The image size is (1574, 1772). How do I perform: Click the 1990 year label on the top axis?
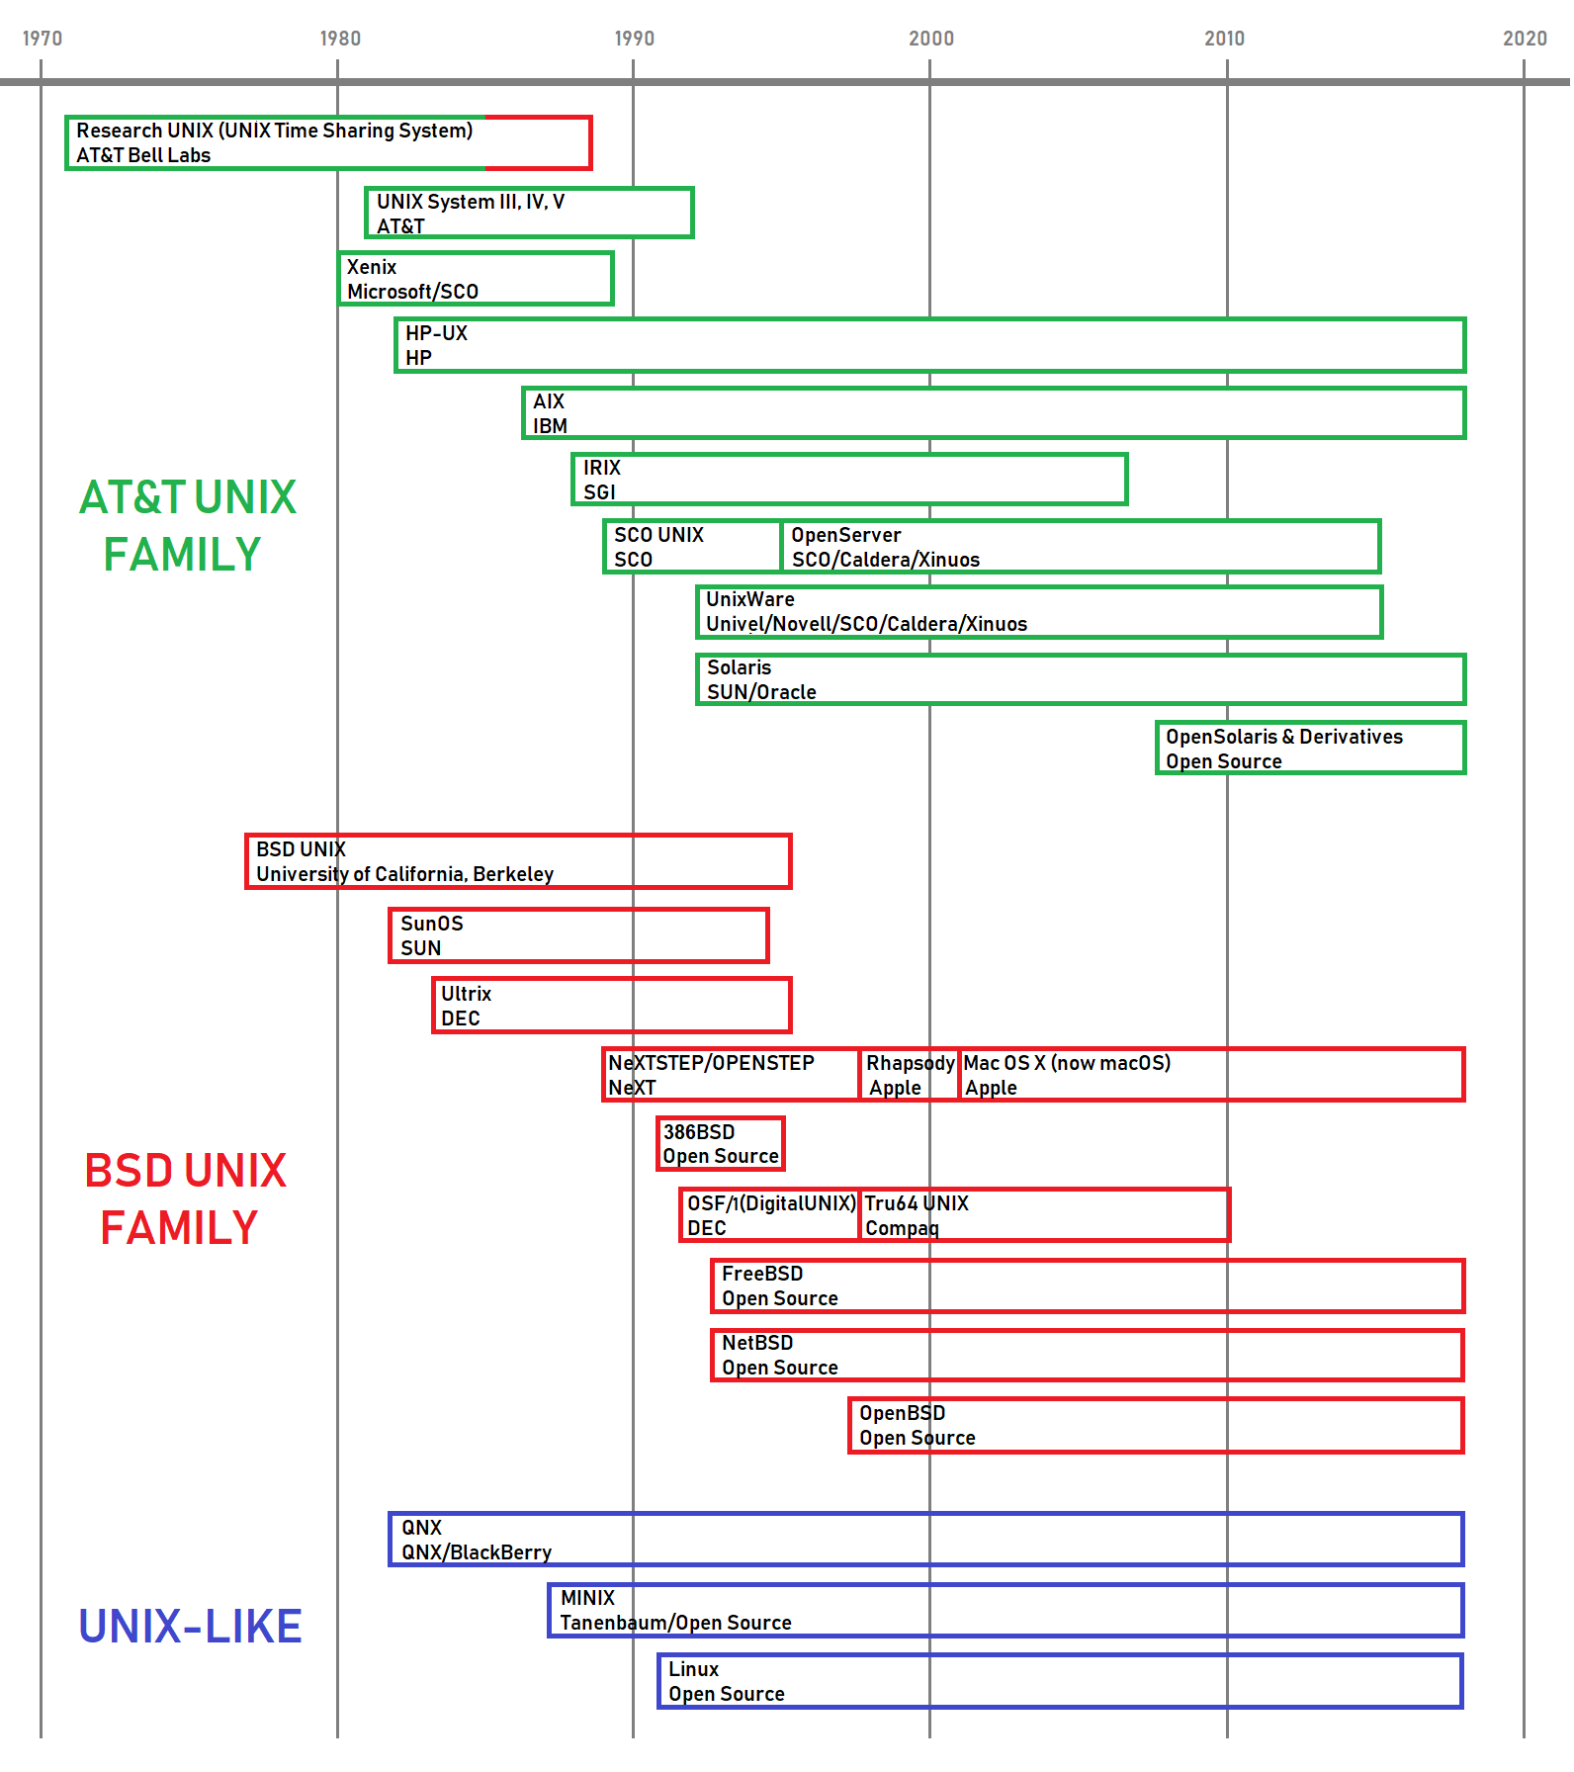click(634, 39)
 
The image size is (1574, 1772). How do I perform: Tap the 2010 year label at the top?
click(1224, 39)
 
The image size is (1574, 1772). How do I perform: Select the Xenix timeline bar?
click(476, 279)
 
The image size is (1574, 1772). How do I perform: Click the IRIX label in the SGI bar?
click(601, 468)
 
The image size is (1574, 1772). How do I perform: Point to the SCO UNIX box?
click(692, 547)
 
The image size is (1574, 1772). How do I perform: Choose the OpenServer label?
click(845, 535)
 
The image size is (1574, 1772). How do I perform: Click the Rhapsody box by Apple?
click(909, 1075)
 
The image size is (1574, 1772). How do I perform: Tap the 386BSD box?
click(721, 1144)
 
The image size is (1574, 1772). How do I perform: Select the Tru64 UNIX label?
click(917, 1203)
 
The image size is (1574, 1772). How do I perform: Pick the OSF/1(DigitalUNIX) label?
click(771, 1203)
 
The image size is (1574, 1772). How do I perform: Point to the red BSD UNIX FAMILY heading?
click(184, 1198)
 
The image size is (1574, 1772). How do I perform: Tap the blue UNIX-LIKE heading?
click(190, 1627)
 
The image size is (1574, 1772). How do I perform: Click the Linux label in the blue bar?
click(693, 1669)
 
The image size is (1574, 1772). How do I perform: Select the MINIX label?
click(587, 1598)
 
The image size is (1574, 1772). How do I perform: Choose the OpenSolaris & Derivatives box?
click(1310, 749)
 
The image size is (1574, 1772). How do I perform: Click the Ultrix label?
click(466, 994)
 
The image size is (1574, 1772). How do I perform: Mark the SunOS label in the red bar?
click(431, 924)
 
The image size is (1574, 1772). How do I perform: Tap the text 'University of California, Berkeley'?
click(404, 874)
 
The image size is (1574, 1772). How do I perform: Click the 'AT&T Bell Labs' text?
click(143, 155)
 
